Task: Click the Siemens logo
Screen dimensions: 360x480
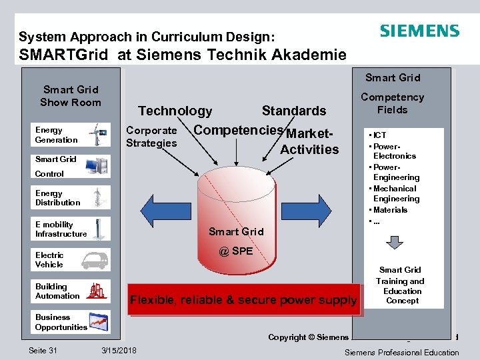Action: [419, 31]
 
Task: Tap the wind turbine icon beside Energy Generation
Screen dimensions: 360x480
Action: [98, 134]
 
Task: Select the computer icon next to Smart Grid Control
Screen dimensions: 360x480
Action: [98, 165]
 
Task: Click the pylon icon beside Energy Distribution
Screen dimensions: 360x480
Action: [99, 197]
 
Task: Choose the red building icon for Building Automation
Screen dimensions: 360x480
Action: [97, 291]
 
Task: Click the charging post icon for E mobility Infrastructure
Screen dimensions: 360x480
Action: [99, 228]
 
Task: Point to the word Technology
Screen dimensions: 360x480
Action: [175, 111]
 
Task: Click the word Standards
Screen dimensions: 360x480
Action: [294, 111]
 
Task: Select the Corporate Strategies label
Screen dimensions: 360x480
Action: [151, 137]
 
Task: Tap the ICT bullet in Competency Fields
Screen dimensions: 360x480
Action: [380, 135]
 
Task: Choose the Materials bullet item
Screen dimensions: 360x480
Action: [390, 210]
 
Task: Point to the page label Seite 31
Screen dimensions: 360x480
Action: [43, 351]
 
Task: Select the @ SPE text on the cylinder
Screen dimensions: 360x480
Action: [236, 251]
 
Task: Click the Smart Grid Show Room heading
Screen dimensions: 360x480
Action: [70, 96]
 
